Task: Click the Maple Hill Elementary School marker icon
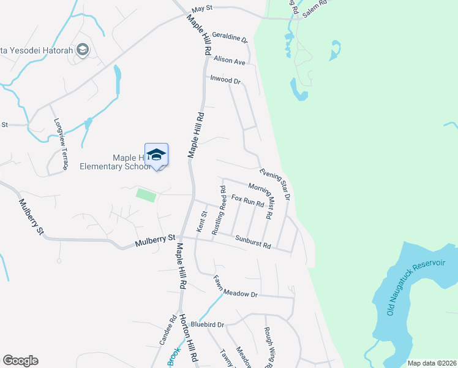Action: click(156, 155)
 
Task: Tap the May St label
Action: click(202, 10)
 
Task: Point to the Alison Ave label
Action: click(229, 61)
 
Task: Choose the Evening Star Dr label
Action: click(274, 183)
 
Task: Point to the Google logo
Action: click(20, 361)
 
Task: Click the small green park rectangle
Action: click(146, 195)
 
